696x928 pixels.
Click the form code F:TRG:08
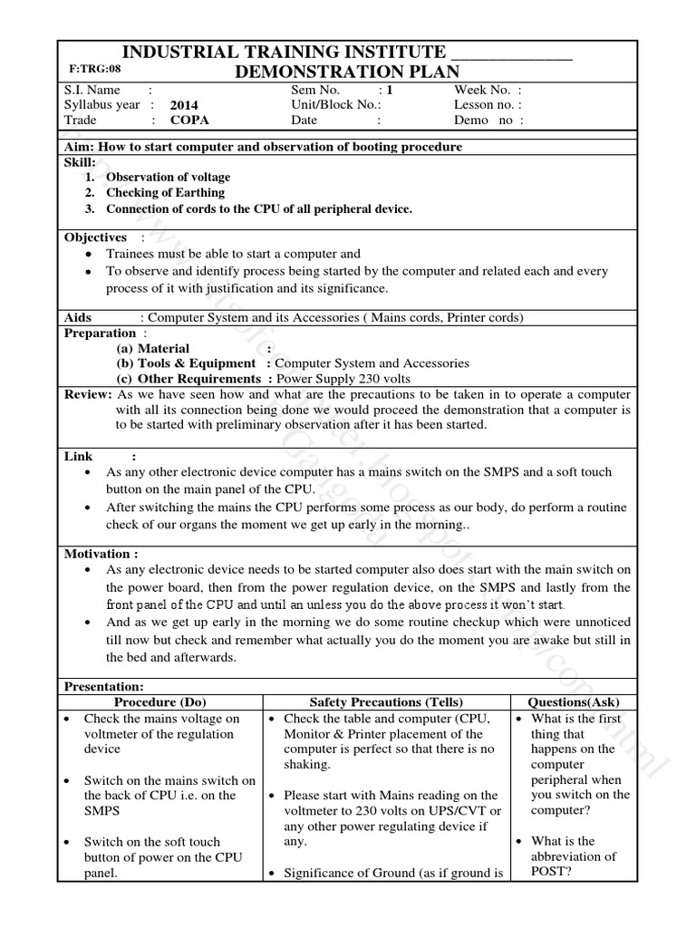pos(94,68)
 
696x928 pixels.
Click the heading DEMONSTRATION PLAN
pos(347,72)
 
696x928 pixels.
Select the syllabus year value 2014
pos(184,105)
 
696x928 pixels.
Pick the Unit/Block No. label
pos(324,104)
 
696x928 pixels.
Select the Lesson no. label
pos(484,104)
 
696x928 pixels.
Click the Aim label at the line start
pos(78,147)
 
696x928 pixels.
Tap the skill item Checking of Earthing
pos(165,193)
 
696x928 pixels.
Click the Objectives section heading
pos(95,237)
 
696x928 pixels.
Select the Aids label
pos(80,317)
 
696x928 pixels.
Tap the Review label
pos(88,394)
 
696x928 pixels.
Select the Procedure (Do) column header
pos(159,702)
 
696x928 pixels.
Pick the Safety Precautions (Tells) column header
pos(386,702)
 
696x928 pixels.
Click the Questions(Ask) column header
pos(575,702)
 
